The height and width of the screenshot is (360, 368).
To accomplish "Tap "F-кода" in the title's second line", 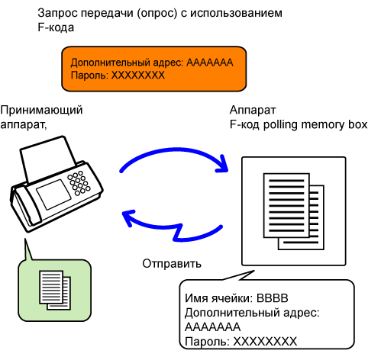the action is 56,27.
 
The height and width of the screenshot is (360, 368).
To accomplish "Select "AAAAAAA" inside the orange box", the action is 210,63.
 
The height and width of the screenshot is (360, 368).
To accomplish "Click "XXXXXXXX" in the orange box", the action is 138,76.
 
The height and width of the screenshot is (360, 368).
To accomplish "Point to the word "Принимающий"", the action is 41,111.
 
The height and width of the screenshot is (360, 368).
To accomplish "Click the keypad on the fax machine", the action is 79,183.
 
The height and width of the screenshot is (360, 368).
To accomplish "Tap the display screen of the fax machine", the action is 53,194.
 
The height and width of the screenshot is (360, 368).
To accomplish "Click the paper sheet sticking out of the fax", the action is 48,158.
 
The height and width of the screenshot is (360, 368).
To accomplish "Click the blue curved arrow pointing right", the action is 173,151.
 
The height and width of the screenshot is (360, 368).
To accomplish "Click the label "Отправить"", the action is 172,264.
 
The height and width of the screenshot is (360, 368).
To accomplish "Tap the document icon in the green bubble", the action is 55,290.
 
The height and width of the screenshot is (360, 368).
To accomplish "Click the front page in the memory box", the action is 286,205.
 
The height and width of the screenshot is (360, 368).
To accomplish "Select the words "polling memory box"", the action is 315,125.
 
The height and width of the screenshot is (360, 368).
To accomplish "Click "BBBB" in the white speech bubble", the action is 273,298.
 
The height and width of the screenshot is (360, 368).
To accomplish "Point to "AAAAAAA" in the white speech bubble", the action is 212,327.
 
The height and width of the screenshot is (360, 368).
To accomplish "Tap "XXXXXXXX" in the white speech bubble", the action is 265,342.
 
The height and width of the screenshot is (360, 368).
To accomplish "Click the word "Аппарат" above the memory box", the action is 253,110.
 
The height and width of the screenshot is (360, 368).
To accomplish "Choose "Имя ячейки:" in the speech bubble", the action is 218,298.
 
